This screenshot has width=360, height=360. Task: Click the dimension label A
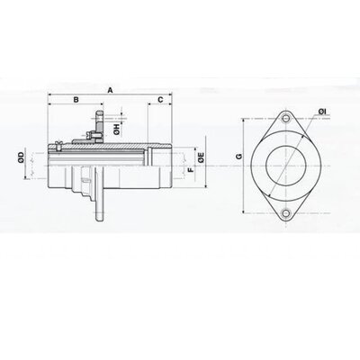111,90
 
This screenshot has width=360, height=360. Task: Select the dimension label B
76,100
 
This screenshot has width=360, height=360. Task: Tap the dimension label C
161,100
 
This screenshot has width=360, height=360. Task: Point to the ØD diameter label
21,157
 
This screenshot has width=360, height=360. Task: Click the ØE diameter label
202,157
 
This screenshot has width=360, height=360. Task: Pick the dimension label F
191,170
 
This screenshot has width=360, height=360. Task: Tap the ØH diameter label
117,129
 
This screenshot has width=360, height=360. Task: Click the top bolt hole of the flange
286,119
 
